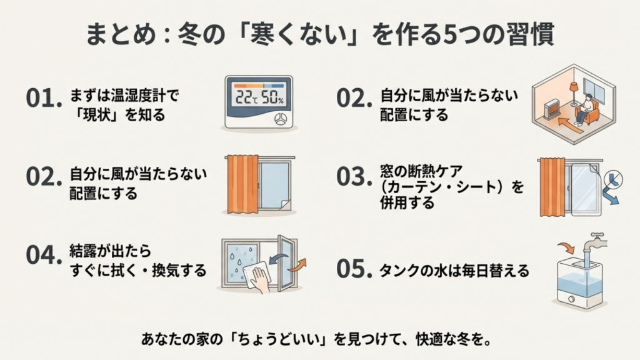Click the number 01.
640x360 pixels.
coord(41,98)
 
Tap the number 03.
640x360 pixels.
coord(351,177)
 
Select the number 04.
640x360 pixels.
coord(41,255)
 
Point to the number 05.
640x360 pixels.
coord(351,269)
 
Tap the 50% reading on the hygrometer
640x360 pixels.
coord(272,97)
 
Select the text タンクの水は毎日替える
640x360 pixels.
coord(455,270)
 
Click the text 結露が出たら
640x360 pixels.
coord(101,251)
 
